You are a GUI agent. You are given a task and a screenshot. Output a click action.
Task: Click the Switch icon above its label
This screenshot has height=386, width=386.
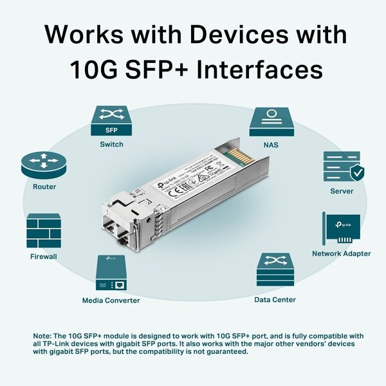(111, 121)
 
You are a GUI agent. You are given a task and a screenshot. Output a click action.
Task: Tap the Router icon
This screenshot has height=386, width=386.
(44, 165)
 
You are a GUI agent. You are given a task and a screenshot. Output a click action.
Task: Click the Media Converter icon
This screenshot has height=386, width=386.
(111, 274)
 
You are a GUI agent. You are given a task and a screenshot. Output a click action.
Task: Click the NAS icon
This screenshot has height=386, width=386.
(271, 121)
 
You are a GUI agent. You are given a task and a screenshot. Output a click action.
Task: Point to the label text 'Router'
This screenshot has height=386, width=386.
(44, 187)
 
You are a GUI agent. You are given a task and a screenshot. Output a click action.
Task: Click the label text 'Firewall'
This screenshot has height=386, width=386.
(44, 257)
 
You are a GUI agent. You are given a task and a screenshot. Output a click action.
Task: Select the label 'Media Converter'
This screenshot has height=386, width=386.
(111, 300)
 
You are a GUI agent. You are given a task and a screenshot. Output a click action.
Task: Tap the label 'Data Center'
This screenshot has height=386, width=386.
(275, 300)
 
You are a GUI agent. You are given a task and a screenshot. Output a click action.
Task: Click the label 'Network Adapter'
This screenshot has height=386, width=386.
(341, 254)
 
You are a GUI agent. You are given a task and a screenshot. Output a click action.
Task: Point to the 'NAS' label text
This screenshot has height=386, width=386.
(271, 145)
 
